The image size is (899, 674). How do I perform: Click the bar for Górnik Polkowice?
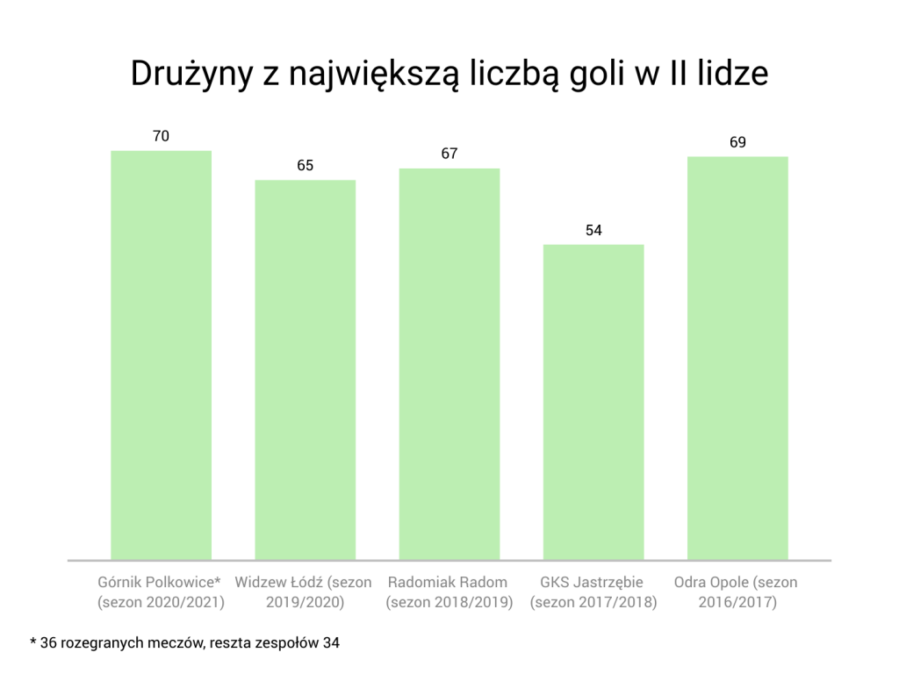[161, 355]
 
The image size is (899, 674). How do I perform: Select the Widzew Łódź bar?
[305, 369]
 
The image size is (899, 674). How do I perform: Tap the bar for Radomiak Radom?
[449, 363]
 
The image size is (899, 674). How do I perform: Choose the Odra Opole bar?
[737, 357]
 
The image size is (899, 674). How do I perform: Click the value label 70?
[161, 136]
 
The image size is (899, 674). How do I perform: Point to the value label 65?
[305, 165]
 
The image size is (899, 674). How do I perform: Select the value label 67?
[449, 154]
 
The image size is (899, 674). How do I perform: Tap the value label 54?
[593, 230]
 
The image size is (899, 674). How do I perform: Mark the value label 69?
[737, 142]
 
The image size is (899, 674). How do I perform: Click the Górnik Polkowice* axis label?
[161, 592]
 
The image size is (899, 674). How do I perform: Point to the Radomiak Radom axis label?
[449, 592]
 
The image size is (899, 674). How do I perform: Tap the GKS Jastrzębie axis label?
[593, 592]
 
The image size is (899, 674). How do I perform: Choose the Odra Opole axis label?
[737, 592]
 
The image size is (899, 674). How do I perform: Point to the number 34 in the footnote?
[331, 643]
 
